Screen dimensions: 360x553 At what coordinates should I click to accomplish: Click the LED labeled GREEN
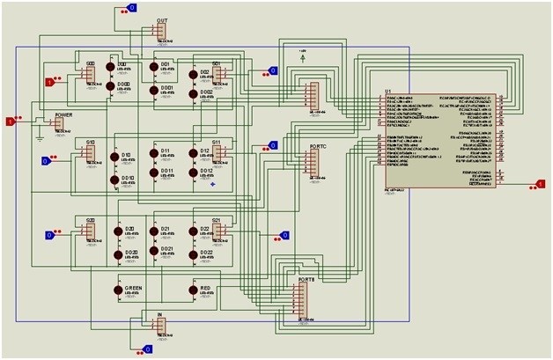(119, 290)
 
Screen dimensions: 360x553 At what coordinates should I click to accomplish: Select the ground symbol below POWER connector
(39, 136)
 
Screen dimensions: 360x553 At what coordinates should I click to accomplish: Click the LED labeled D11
(154, 159)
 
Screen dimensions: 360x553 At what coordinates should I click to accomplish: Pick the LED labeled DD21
(154, 256)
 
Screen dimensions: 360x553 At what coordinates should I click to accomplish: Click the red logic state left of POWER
(11, 121)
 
